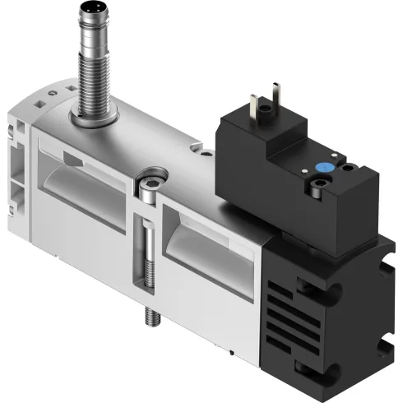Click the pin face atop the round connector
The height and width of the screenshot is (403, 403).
pyautogui.click(x=90, y=11)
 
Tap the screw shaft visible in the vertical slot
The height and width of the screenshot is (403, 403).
pyautogui.click(x=151, y=247)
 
